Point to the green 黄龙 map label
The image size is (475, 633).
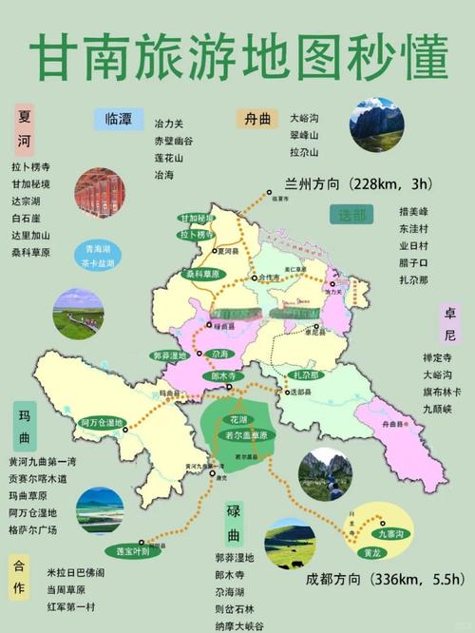371,551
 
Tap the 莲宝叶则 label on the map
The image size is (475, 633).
127,550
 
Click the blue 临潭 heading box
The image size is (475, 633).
119,119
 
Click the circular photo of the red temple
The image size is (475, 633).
99,192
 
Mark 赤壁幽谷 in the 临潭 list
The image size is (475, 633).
174,140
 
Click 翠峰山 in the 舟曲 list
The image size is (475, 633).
304,134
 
